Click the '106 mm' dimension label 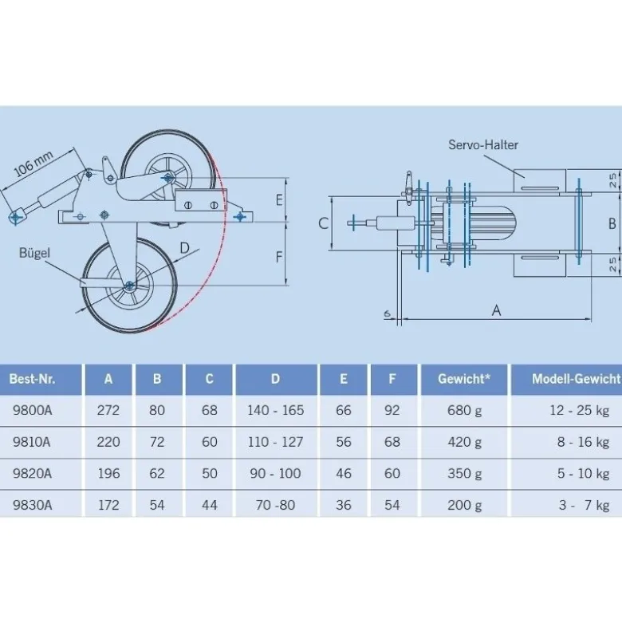33,164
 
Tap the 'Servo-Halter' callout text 483,144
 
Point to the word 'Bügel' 34,253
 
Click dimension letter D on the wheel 184,248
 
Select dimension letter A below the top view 497,310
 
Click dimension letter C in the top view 324,223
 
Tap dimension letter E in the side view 279,200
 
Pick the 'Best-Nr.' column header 32,379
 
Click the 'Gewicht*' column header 464,379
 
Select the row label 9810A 32,442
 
